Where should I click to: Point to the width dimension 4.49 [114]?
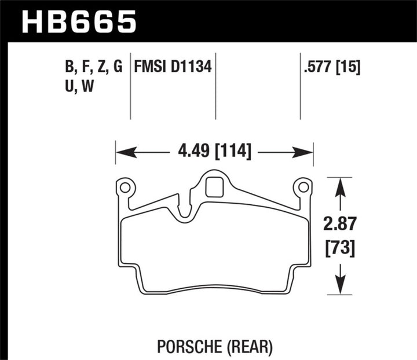click(214, 152)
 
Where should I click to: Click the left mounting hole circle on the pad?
click(125, 187)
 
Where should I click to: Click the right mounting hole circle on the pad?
click(302, 187)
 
